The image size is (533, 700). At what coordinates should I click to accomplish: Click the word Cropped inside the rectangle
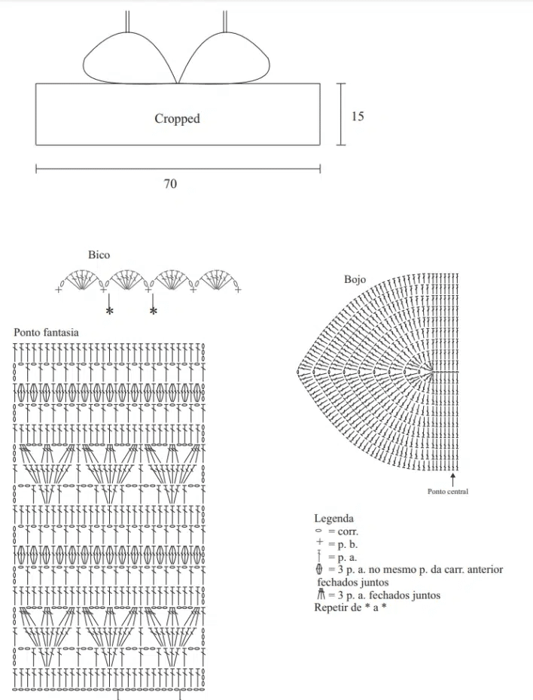click(x=177, y=118)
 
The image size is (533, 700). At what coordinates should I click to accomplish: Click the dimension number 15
click(x=358, y=116)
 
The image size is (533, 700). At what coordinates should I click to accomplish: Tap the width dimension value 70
click(x=170, y=183)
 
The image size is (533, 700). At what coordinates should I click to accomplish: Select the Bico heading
click(x=99, y=255)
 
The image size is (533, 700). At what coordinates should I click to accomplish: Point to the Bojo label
click(x=355, y=279)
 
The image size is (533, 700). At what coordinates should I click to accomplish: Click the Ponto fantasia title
click(x=46, y=332)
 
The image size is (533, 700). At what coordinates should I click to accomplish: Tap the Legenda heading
click(x=334, y=519)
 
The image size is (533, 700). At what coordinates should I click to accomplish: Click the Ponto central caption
click(x=447, y=492)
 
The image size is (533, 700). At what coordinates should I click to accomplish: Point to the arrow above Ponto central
click(x=452, y=479)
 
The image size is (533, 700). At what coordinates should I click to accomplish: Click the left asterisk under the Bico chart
click(x=109, y=311)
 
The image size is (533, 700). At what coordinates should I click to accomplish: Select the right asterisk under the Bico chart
click(x=154, y=311)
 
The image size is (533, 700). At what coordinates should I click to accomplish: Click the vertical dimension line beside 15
click(x=341, y=114)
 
